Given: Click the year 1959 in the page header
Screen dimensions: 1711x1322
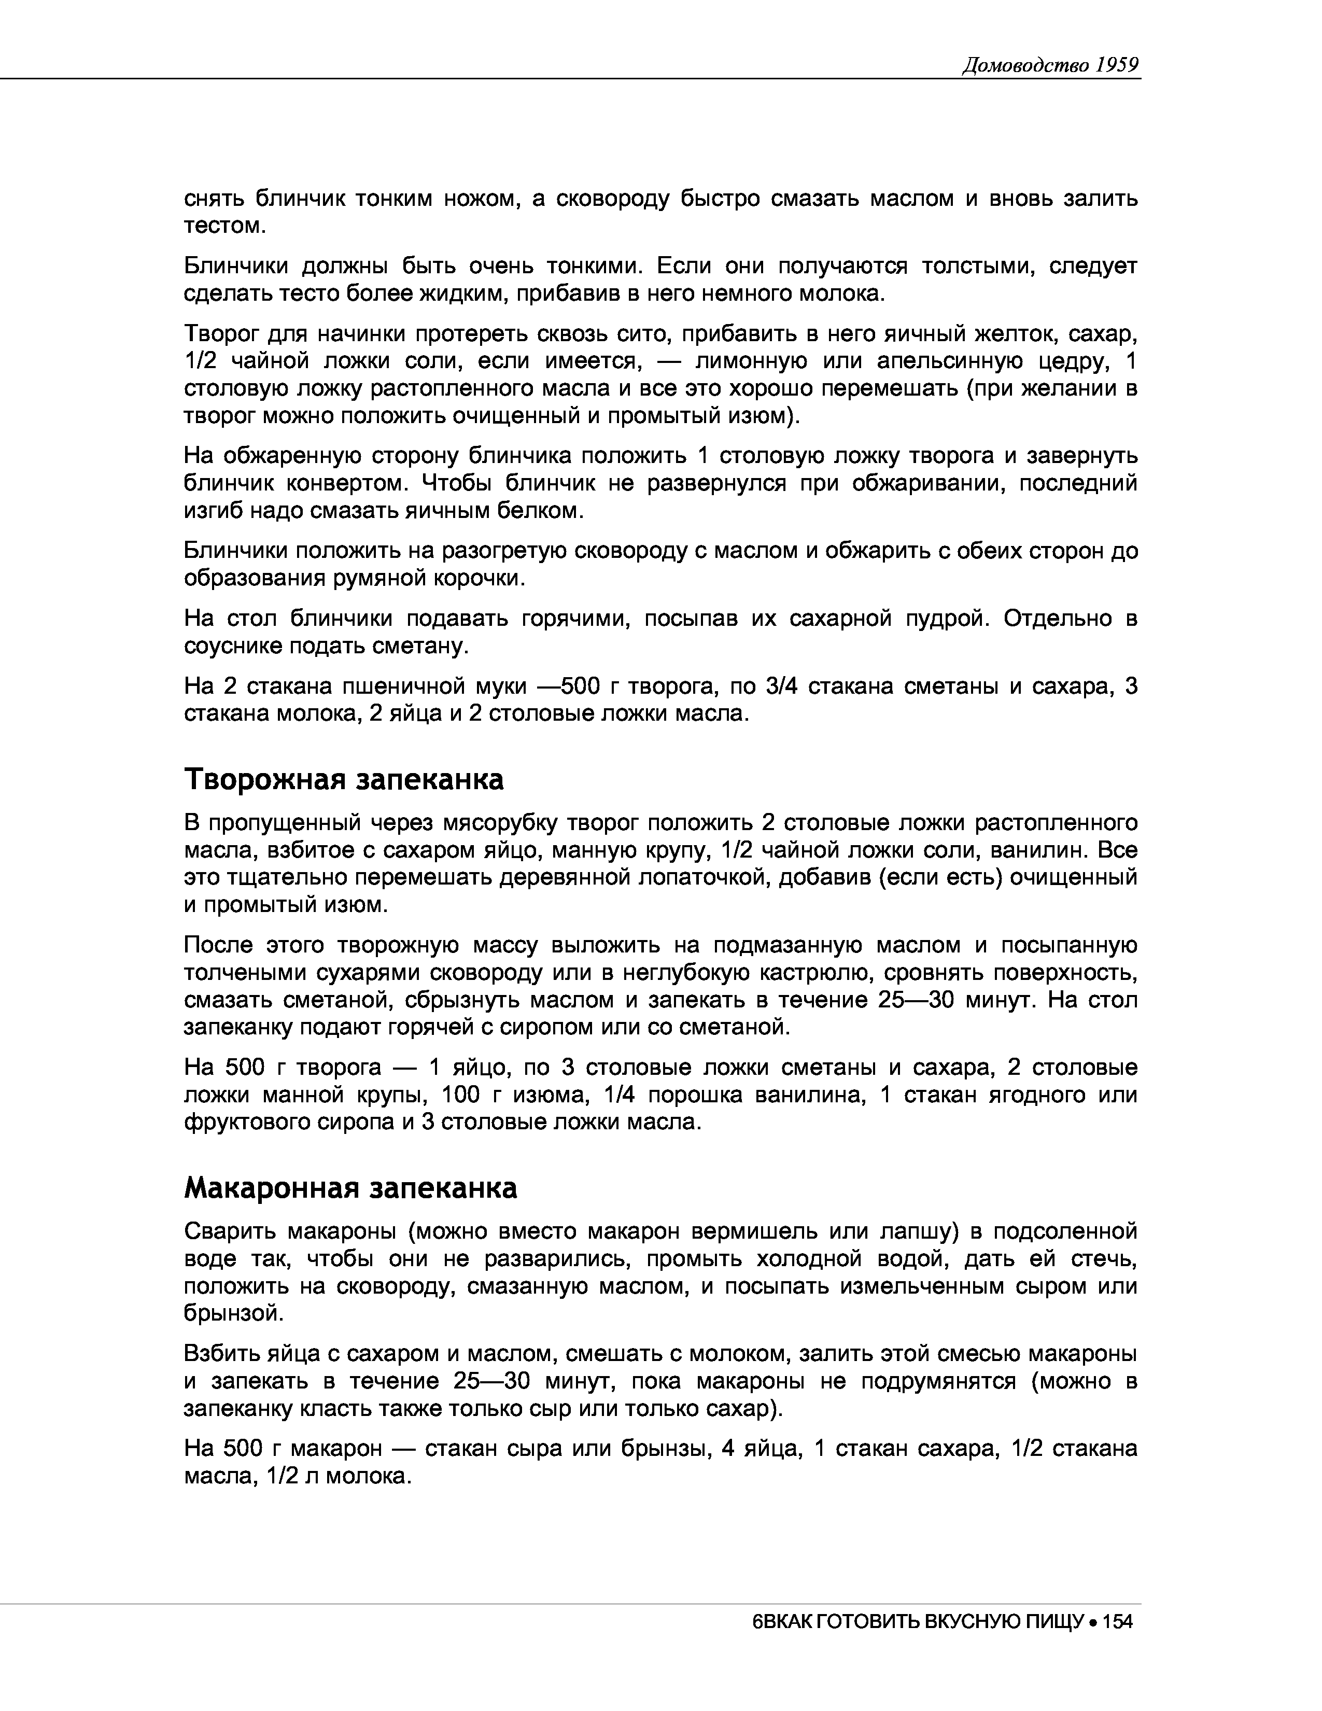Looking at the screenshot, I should pos(1117,64).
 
